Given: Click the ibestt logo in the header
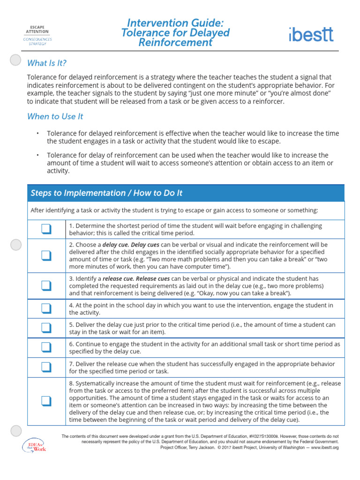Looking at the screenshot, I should [311, 34].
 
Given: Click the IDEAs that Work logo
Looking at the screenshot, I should [35, 445].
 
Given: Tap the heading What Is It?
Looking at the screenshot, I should [46, 63].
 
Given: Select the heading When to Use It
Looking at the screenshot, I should [55, 116].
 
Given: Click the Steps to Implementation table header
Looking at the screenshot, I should [106, 193].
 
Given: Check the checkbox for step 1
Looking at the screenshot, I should [46, 229].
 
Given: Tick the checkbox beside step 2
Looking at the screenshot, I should [46, 255].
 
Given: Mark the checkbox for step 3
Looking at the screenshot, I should [46, 285].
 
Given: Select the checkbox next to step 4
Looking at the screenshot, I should [46, 308].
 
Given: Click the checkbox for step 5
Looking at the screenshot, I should [46, 327].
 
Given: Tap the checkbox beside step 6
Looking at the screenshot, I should [46, 347].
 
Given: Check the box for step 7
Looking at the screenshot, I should [46, 367].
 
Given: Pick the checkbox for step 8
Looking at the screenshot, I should [46, 400].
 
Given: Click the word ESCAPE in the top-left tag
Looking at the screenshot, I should [37, 27].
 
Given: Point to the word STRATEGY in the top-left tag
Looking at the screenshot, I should [37, 44].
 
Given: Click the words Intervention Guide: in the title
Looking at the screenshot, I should [175, 22].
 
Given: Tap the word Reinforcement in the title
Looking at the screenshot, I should [175, 43].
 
